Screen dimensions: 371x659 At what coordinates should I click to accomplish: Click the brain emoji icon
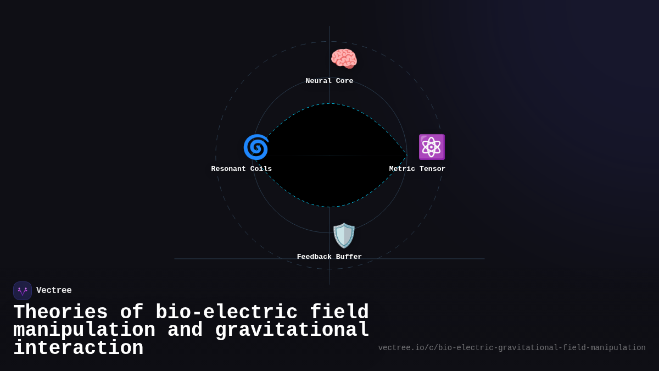click(x=344, y=59)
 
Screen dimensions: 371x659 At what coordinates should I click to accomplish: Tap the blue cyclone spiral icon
click(x=256, y=147)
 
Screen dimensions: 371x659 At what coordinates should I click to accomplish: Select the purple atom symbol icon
click(x=432, y=147)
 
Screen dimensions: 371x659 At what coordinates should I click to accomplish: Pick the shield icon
click(x=344, y=235)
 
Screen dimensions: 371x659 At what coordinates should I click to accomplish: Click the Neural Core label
click(x=329, y=81)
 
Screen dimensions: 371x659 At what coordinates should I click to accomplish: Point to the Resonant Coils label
click(x=242, y=169)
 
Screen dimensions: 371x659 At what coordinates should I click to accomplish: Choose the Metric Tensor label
click(x=417, y=169)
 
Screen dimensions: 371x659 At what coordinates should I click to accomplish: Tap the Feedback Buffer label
click(x=329, y=257)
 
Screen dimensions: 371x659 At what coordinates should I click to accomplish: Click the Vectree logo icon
click(x=23, y=291)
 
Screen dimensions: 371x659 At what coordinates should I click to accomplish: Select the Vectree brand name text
click(x=54, y=291)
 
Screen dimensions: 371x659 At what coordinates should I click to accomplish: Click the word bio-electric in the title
click(x=226, y=313)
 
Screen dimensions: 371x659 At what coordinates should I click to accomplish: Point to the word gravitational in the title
click(x=292, y=330)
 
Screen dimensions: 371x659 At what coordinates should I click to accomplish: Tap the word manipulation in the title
click(x=84, y=330)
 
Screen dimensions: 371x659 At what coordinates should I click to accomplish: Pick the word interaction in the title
click(x=78, y=348)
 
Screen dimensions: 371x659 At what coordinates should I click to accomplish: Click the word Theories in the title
click(x=60, y=313)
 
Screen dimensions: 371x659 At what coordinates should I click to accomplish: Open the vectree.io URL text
click(x=512, y=348)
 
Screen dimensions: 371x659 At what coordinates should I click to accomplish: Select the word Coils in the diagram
click(x=261, y=169)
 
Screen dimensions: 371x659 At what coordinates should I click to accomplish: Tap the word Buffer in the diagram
click(x=349, y=257)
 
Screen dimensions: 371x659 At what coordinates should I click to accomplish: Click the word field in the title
click(x=339, y=313)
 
